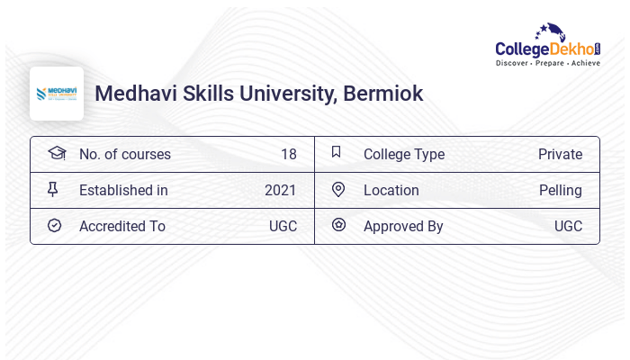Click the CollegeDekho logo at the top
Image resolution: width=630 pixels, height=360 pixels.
[x=547, y=46]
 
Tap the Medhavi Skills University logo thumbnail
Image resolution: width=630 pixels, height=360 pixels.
[x=57, y=94]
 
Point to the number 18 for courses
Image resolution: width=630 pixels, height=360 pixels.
[x=288, y=155]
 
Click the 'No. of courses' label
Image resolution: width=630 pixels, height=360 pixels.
[x=124, y=155]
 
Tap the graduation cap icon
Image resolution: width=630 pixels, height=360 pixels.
[x=57, y=153]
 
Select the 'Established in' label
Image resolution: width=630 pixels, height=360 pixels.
[x=123, y=191]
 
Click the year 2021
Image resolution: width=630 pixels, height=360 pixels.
[x=280, y=191]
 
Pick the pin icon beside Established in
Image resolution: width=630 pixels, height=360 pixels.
[x=53, y=190]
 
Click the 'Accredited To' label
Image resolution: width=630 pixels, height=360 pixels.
[x=121, y=227]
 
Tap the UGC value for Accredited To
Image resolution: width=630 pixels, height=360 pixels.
[x=283, y=227]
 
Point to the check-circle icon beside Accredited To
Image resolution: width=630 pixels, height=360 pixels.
[x=54, y=226]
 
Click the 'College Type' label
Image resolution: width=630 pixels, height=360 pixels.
[x=403, y=155]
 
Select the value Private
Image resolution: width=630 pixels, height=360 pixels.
[x=560, y=155]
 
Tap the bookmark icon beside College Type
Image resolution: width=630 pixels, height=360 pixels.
[x=336, y=152]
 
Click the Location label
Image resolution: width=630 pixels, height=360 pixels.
[x=391, y=191]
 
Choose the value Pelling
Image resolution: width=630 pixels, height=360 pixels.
[x=560, y=191]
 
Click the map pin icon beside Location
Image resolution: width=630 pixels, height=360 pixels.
[x=337, y=190]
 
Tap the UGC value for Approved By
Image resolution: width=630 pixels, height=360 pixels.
[x=568, y=227]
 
